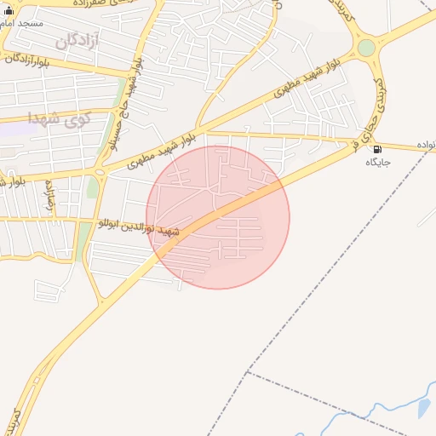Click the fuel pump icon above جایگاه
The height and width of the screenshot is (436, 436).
377,149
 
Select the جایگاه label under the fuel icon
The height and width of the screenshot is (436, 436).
377,162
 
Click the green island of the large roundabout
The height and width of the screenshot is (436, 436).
366,48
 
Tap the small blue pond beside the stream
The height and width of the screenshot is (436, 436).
423,408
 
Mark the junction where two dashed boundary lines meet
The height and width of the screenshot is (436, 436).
247,372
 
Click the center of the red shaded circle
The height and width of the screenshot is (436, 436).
218,217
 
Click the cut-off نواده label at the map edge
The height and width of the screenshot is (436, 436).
426,146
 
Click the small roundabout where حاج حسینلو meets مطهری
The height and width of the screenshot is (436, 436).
100,171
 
